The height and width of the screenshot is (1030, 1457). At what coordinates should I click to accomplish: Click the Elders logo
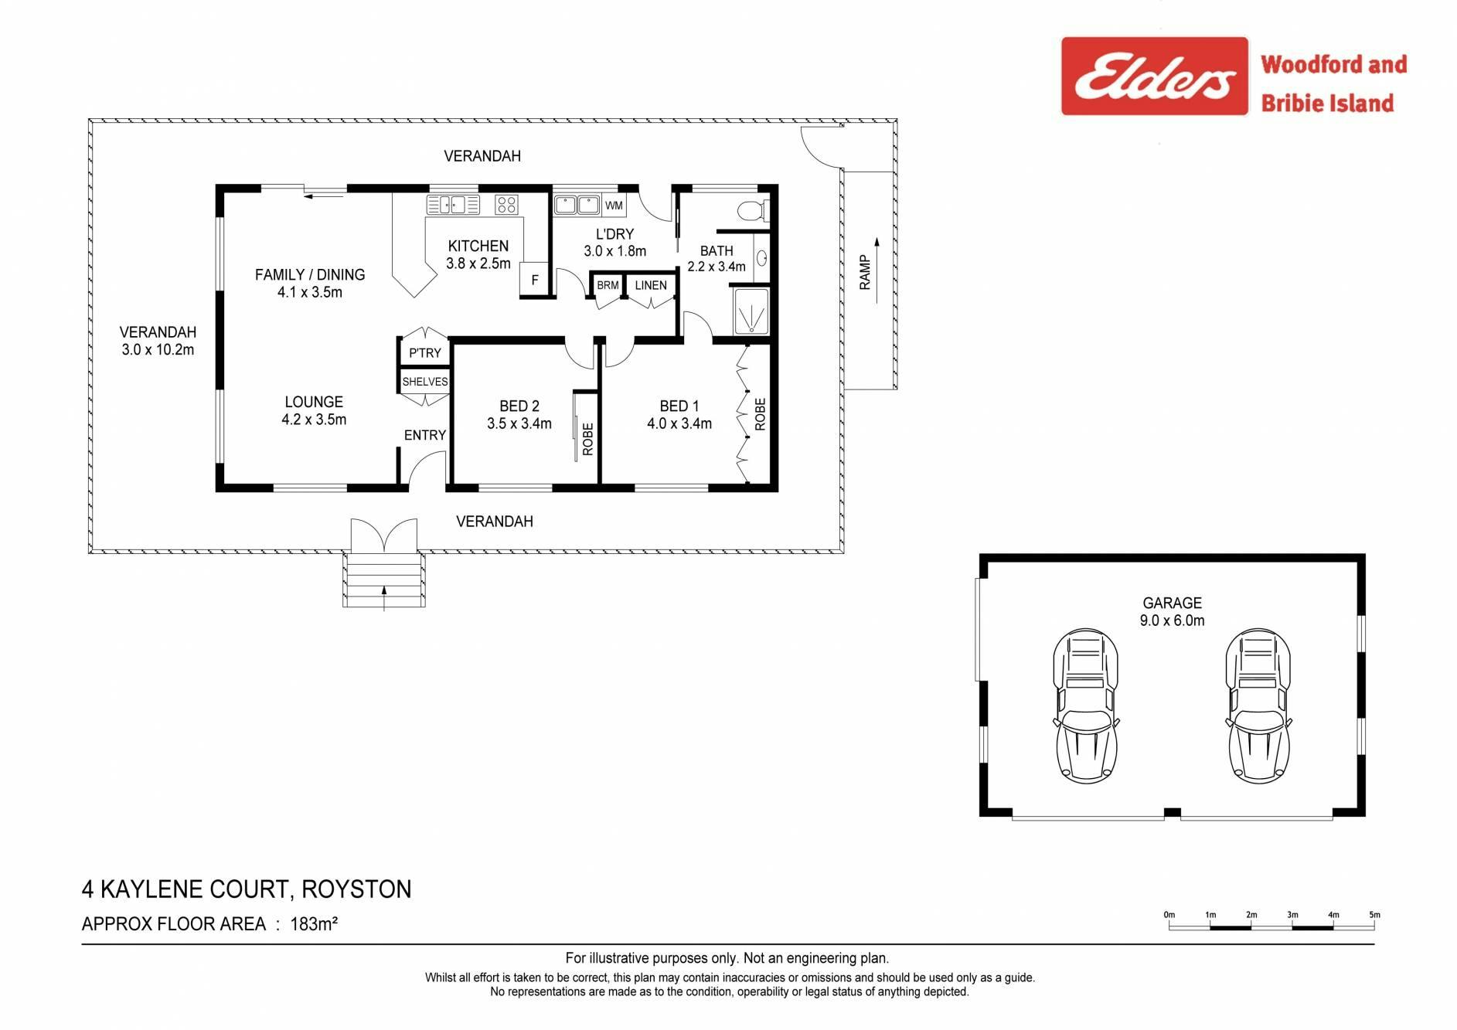[1154, 76]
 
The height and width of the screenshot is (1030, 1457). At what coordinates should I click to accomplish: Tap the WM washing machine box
[614, 206]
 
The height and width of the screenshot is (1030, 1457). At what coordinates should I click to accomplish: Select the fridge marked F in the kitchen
[534, 280]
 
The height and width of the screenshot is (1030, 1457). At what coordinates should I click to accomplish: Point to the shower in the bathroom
[751, 311]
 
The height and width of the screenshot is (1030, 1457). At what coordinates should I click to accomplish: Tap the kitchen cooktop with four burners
[506, 204]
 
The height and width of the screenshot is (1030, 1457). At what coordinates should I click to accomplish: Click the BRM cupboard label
[608, 285]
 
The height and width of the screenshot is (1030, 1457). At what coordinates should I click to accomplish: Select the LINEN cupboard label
[651, 285]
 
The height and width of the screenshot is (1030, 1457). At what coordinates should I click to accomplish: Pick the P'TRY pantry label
[425, 353]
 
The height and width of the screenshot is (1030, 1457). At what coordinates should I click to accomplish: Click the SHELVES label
[425, 382]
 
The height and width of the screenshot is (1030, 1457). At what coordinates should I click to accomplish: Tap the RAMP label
[865, 273]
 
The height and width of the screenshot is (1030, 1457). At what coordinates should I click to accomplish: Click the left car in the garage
[1086, 705]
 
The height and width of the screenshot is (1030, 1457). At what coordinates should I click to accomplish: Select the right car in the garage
[1258, 705]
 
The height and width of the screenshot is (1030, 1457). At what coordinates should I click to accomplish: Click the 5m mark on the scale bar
[1374, 915]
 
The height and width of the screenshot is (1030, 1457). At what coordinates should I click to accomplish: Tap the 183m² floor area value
[314, 923]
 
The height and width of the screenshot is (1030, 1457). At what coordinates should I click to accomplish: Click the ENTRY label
[425, 435]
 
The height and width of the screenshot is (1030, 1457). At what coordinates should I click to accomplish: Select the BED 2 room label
[519, 406]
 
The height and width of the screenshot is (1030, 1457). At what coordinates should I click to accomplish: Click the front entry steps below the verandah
[384, 580]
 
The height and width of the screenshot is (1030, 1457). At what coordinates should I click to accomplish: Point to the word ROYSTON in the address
[356, 889]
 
